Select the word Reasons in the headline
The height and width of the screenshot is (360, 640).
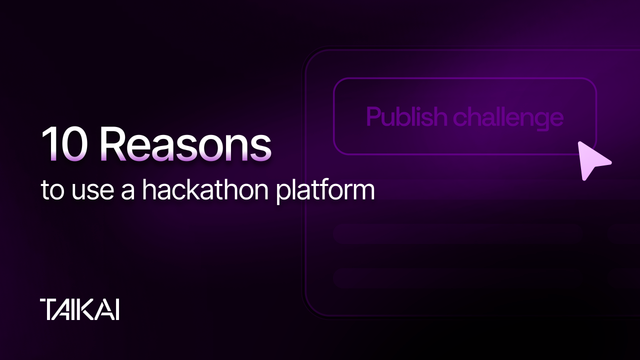[186, 146]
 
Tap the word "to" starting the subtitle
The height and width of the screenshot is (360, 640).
[51, 189]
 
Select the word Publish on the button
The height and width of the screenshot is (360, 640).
[405, 118]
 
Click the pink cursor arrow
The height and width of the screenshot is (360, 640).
[594, 158]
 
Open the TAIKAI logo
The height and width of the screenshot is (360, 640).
[81, 308]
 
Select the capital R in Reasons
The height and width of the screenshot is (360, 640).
[116, 146]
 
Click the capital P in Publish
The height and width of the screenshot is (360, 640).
[374, 118]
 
